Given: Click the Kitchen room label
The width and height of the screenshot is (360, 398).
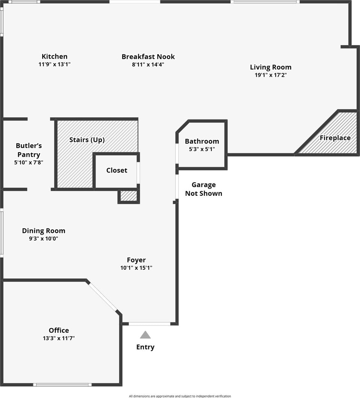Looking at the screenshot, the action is point(55,57).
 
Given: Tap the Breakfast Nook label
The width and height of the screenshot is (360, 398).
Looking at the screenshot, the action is point(148,57).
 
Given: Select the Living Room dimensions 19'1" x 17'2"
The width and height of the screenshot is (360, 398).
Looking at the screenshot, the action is point(270,75).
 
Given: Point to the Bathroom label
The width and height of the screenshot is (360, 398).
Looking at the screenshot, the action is point(202,141).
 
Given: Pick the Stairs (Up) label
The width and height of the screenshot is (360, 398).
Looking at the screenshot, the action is point(87,140).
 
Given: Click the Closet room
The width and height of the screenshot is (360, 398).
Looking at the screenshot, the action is point(117,170).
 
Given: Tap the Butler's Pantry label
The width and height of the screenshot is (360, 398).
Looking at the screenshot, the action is point(29,150).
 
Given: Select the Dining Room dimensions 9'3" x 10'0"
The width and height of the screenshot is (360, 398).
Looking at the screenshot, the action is point(44,238).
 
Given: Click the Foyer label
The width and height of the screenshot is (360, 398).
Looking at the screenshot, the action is point(136,260).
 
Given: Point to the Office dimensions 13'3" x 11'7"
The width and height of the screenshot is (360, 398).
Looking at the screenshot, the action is point(59,338).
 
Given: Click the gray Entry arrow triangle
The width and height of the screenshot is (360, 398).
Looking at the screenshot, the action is point(145,335).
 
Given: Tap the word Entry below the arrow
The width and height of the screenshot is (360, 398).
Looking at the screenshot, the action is point(145,347).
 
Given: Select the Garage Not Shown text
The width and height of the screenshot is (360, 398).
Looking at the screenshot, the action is point(204,189).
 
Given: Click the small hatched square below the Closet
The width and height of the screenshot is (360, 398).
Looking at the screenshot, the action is point(129,196).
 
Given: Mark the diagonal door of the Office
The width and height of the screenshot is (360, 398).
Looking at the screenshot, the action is point(103,297).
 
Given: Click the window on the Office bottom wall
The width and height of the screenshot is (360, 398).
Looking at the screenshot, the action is point(62,384).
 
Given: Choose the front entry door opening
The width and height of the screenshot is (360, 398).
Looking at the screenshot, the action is point(149,324).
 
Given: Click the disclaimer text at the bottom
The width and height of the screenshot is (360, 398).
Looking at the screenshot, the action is point(180,396).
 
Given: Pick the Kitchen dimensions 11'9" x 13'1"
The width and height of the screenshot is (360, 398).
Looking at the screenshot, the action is point(55,64).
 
